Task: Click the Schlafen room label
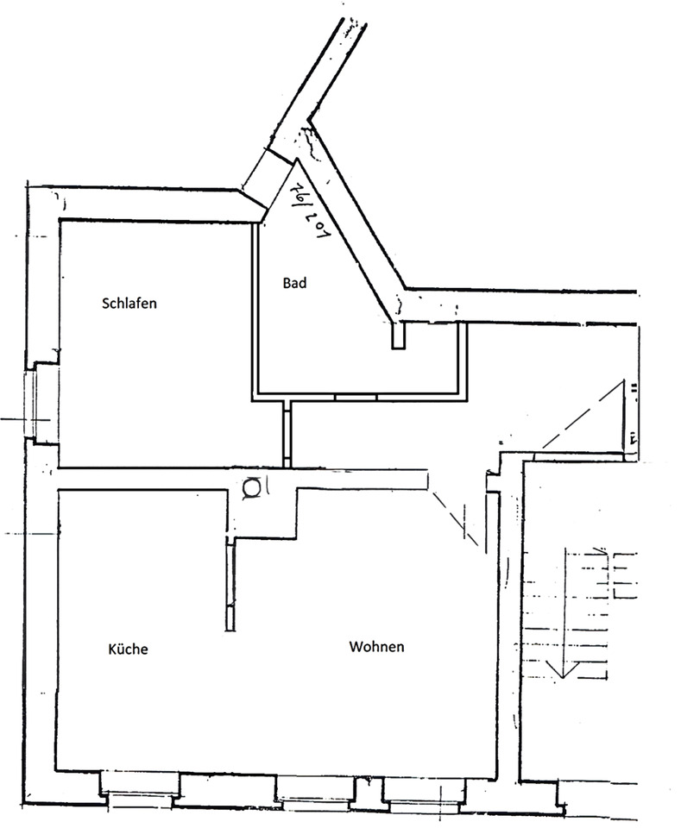(x=129, y=304)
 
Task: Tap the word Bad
(x=295, y=282)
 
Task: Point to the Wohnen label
(x=376, y=647)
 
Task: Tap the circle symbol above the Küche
(x=252, y=488)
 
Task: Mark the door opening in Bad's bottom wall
(x=356, y=397)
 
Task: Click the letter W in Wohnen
(x=355, y=647)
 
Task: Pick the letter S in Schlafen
(x=105, y=304)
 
